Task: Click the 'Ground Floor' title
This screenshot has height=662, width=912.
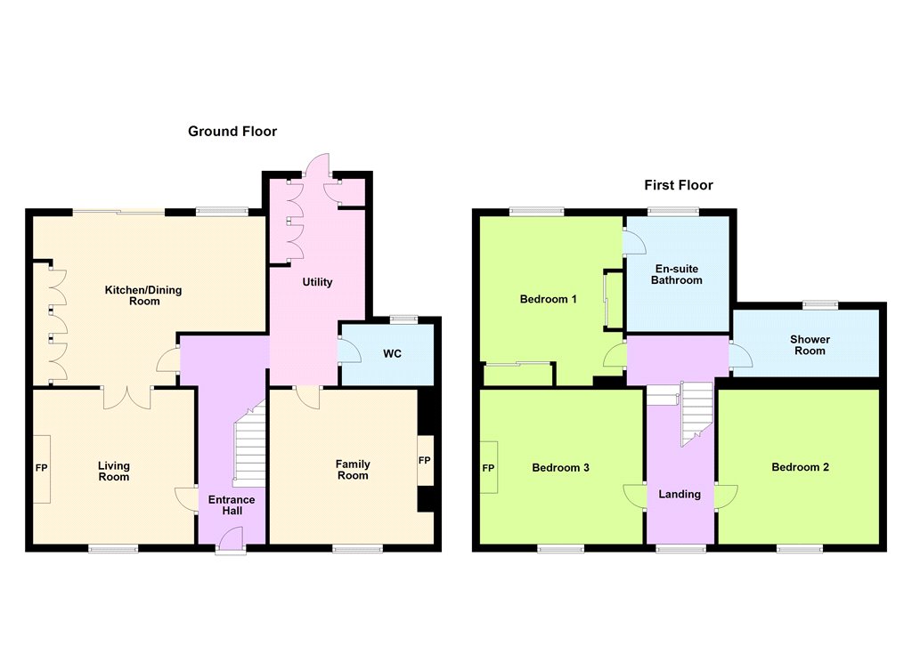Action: pos(232,132)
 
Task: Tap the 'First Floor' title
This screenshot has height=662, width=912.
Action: pos(678,185)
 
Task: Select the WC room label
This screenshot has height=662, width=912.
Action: pos(392,354)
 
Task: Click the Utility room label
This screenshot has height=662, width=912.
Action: pos(317,282)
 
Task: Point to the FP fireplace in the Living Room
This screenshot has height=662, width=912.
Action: pos(41,468)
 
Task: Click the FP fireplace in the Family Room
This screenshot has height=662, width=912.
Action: pos(425,460)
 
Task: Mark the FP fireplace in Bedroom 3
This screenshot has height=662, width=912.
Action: pos(489,468)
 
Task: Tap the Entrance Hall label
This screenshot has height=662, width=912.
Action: pos(232,505)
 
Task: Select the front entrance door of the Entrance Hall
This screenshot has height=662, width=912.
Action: pos(231,539)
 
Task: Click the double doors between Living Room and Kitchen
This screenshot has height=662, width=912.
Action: pos(127,398)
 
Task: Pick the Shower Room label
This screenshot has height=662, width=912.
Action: pos(810,344)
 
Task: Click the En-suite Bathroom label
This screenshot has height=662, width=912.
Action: pos(677,274)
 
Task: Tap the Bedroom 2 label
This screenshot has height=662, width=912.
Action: pos(801,467)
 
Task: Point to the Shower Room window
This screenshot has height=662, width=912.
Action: pos(820,304)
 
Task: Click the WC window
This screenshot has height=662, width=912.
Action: pos(403,319)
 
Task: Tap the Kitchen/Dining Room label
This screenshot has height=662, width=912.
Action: pos(143,295)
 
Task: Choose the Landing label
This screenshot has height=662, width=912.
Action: pos(680,494)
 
